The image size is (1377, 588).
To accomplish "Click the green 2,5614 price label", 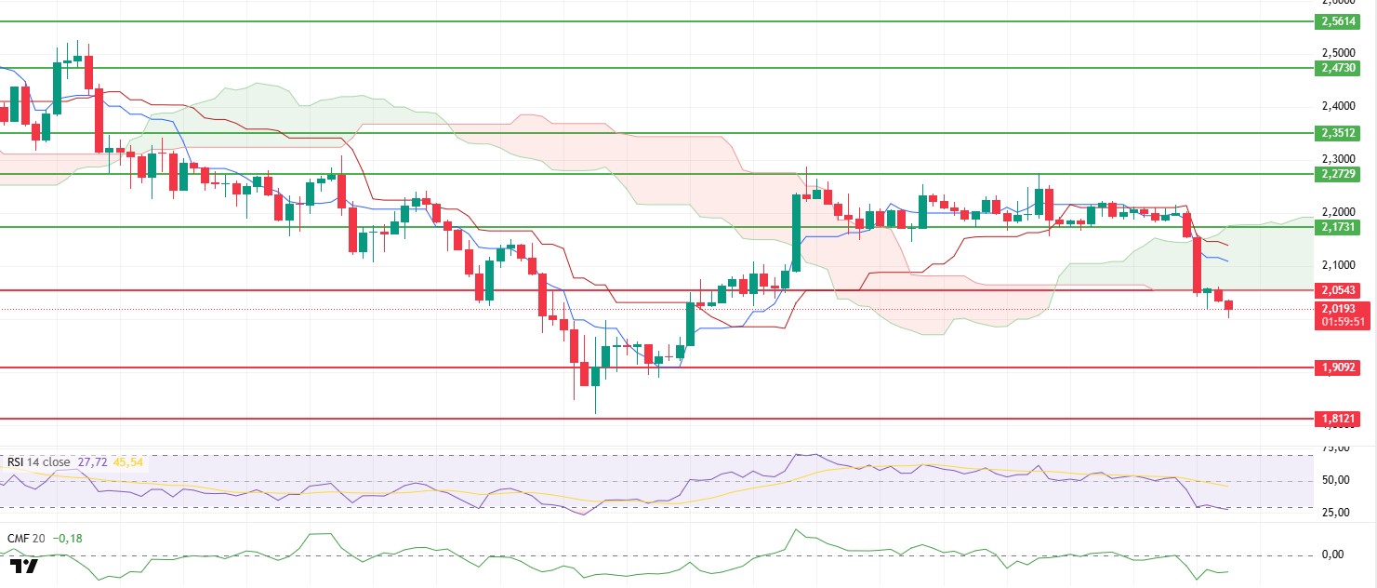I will [1337, 21].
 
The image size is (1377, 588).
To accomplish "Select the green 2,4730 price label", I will [1337, 68].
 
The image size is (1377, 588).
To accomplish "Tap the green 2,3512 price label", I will [1337, 133].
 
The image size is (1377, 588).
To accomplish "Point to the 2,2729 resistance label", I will [1337, 174].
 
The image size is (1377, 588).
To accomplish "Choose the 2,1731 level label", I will [1337, 227].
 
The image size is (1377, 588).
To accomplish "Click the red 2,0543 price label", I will [1337, 290].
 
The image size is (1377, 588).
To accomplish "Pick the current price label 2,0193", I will [1337, 308].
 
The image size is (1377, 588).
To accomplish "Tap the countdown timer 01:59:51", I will [1337, 322].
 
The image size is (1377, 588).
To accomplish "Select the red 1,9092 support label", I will [1337, 367].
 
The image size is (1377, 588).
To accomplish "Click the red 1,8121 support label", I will [1337, 419].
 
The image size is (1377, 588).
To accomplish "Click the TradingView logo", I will [24, 566].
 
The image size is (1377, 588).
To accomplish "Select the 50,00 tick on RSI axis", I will [1335, 480].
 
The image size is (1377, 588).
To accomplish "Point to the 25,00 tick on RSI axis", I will [1335, 513].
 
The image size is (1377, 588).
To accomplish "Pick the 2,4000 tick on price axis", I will [1337, 106].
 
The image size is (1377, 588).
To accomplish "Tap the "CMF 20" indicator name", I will [26, 537].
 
